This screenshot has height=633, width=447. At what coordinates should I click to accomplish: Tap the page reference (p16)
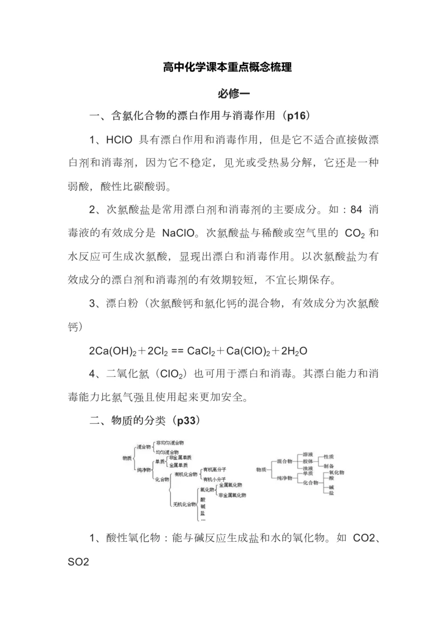[297, 116]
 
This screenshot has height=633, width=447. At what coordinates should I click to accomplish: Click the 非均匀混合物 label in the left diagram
[170, 442]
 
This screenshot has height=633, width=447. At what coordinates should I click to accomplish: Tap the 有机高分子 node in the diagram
[215, 468]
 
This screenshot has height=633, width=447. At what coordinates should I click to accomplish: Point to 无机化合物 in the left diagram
[184, 504]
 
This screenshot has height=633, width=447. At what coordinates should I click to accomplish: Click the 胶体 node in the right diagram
[308, 461]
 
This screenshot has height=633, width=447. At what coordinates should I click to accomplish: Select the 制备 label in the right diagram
[329, 466]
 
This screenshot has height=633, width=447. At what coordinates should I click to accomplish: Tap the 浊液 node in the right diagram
[308, 468]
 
